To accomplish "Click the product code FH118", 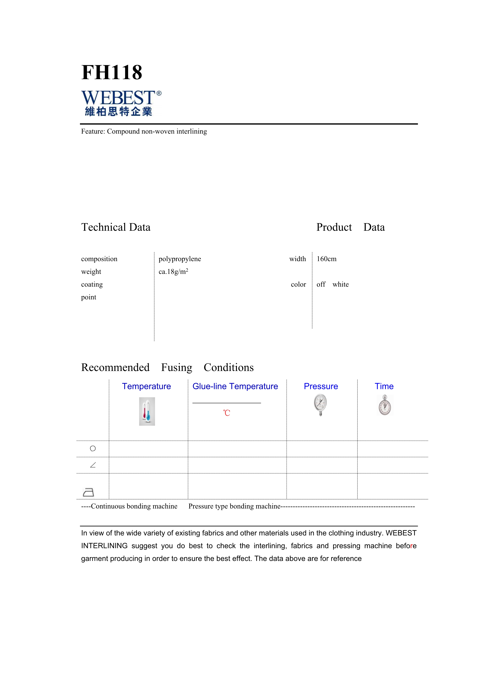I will click(112, 73).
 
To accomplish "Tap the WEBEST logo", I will click(121, 103).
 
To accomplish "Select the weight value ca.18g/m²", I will click(173, 272).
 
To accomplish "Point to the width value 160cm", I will click(326, 259).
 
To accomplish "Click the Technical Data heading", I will click(116, 227).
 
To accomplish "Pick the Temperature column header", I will click(146, 386).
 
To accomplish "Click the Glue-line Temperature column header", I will click(235, 386).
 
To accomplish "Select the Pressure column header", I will click(321, 386).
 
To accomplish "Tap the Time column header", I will click(384, 386).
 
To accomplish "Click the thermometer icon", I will click(147, 411).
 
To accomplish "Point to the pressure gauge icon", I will click(321, 405).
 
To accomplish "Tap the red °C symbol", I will click(227, 413).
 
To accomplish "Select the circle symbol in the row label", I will click(93, 449).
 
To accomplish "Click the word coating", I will click(92, 284).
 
